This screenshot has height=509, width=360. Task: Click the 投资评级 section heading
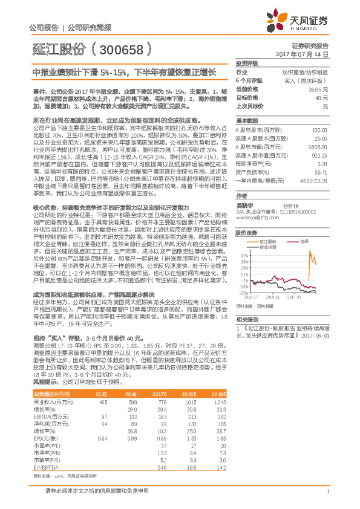click(247, 63)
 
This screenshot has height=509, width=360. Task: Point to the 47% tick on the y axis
click(243, 255)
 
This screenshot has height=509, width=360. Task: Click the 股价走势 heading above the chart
click(246, 232)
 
